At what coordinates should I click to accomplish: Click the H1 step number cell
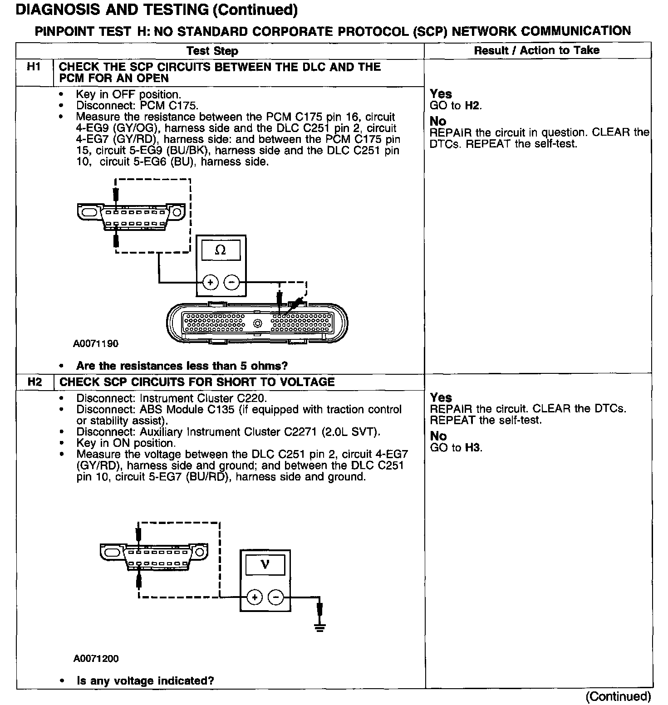(x=34, y=67)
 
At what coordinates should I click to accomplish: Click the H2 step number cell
(x=34, y=382)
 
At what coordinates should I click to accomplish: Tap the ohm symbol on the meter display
(x=221, y=250)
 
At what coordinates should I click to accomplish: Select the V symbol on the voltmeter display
(x=265, y=564)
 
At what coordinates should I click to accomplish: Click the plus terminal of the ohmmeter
(x=210, y=283)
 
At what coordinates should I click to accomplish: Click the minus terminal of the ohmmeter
(x=231, y=283)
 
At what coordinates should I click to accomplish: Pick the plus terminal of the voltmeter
(x=255, y=597)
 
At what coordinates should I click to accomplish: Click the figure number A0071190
(x=96, y=343)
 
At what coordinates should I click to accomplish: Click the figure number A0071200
(x=96, y=658)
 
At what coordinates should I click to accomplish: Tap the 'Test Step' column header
(x=212, y=51)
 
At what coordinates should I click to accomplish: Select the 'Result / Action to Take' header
(x=537, y=50)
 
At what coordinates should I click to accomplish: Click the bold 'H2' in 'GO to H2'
(x=472, y=106)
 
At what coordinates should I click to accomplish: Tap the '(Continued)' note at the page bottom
(x=618, y=696)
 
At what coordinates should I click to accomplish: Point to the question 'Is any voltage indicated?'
(x=145, y=681)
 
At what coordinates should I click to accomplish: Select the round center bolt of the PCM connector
(x=258, y=323)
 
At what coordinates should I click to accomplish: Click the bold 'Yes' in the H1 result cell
(x=441, y=94)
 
